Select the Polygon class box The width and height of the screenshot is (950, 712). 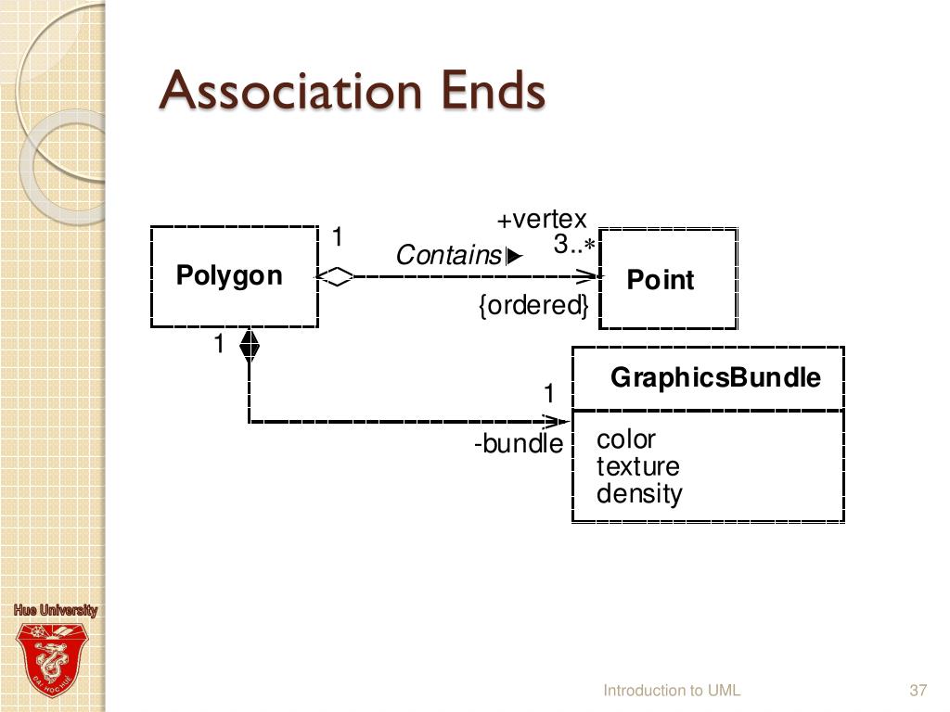tap(234, 276)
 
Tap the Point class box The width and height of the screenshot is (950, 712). tap(667, 279)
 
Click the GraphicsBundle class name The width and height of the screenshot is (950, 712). tap(715, 377)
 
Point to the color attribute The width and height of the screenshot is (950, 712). tap(625, 439)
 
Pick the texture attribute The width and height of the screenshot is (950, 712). tap(637, 465)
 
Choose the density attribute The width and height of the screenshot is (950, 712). tap(639, 493)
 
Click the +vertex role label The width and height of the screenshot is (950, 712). tap(542, 220)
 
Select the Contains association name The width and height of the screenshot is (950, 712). tap(449, 255)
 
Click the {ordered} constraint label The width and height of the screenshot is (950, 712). tap(533, 305)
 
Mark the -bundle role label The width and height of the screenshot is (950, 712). tap(519, 444)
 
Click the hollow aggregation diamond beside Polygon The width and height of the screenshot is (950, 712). tap(335, 276)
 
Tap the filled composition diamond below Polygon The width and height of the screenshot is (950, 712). tap(249, 345)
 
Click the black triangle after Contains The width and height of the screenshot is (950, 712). tap(515, 256)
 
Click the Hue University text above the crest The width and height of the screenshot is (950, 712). tap(55, 610)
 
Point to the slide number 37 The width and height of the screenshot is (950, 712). tap(918, 690)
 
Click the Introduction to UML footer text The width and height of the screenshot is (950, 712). tap(672, 690)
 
